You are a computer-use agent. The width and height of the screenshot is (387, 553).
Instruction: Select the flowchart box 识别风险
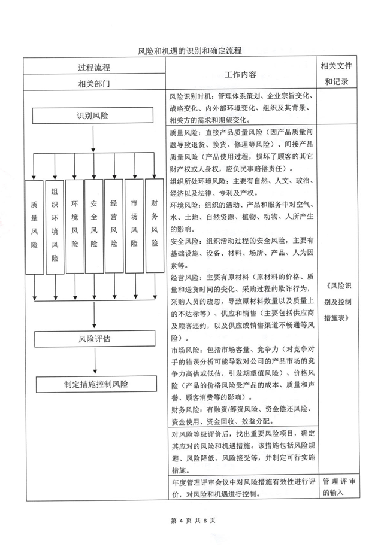click(x=93, y=116)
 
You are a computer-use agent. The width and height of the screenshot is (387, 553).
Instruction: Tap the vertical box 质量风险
click(x=34, y=227)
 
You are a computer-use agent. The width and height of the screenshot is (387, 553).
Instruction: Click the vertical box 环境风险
click(x=74, y=227)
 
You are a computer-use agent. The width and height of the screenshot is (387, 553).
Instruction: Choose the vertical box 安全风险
click(x=94, y=227)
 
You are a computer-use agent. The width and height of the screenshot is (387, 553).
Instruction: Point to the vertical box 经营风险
click(x=114, y=227)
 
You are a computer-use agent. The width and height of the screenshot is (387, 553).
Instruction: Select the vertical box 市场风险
click(x=134, y=227)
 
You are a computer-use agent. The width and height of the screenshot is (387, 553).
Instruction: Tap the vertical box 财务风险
click(x=154, y=227)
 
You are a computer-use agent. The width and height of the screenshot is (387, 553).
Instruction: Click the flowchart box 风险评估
click(x=93, y=339)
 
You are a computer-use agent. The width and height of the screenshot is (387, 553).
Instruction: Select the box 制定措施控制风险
click(x=93, y=384)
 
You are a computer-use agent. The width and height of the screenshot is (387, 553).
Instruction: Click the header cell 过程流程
click(x=93, y=66)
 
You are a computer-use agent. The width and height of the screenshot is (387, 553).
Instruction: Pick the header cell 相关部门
click(x=93, y=83)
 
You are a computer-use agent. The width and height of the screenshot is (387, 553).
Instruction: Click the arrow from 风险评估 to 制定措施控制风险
click(x=94, y=361)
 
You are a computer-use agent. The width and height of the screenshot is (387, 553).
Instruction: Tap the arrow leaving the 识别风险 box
click(x=94, y=138)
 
